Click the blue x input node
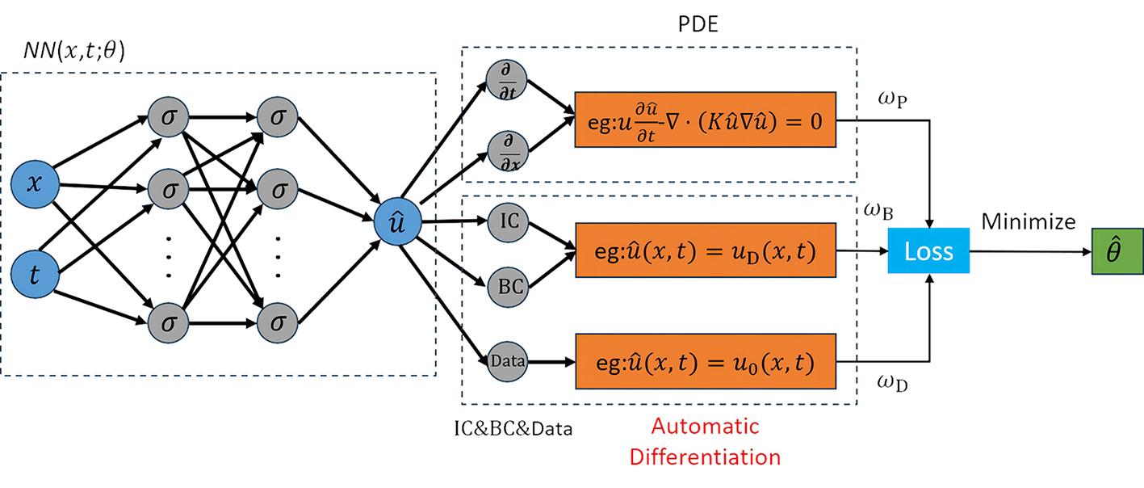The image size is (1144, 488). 35,183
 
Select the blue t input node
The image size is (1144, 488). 35,274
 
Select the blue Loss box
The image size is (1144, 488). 928,251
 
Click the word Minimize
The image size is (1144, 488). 1028,221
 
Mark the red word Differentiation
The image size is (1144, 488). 705,456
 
